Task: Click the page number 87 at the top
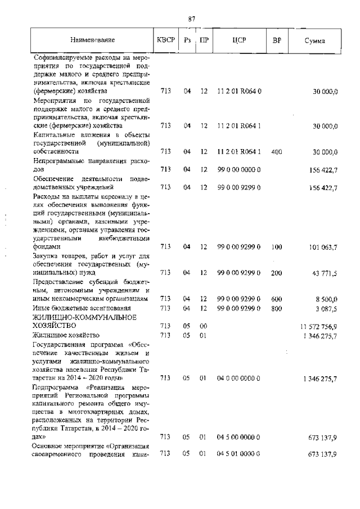pos(191,19)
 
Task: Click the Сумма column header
pos(314,40)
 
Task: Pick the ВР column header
pos(276,40)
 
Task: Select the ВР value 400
pos(276,151)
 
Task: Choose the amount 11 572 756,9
pos(318,326)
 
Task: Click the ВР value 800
pos(276,308)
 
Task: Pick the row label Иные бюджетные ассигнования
pos(74,308)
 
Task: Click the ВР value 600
pos(276,299)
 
